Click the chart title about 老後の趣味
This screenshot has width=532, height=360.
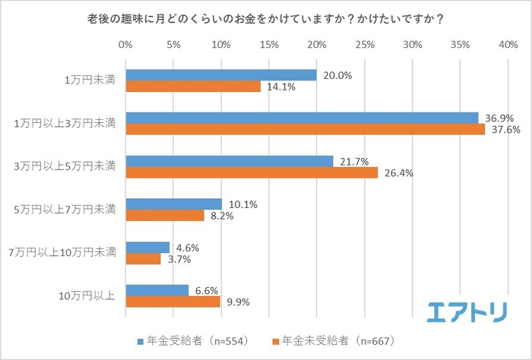pos(265,18)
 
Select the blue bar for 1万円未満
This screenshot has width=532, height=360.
pos(220,75)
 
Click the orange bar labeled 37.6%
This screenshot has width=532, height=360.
pos(305,129)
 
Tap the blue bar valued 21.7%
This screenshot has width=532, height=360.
pos(229,162)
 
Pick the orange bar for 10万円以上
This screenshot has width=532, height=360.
pos(173,302)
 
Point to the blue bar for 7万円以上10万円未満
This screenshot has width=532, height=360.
pos(147,248)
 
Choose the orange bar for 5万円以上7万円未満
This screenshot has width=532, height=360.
pos(164,216)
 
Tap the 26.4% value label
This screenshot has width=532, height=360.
pos(394,172)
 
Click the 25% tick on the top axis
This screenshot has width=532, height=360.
pos(364,45)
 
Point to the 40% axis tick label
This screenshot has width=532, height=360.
pos(508,45)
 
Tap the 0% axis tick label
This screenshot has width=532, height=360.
pos(125,45)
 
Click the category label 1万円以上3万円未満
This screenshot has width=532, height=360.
pos(71,123)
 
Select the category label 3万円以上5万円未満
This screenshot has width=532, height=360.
pos(71,166)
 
